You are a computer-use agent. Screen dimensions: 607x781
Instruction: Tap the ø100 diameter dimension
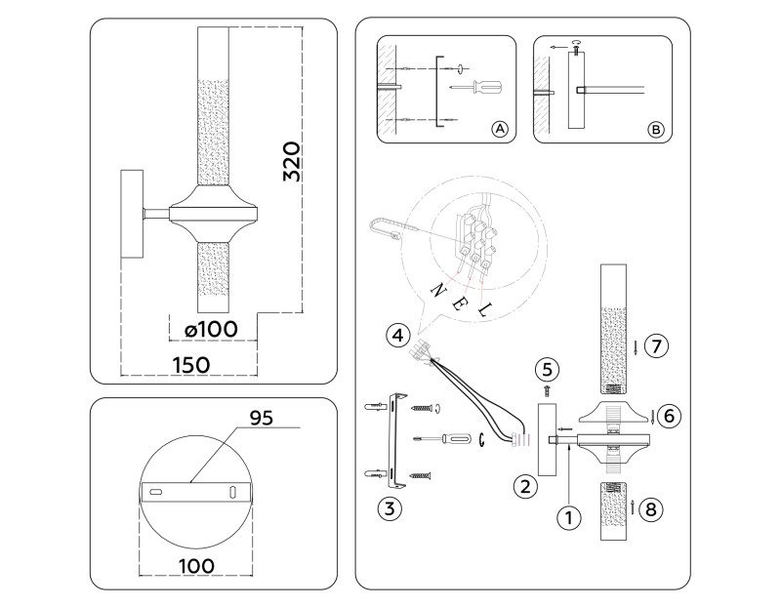click(x=211, y=330)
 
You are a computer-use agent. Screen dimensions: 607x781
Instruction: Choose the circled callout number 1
click(x=563, y=518)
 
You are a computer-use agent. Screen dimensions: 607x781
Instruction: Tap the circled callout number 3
click(x=390, y=506)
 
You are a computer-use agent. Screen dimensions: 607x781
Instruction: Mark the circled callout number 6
click(x=668, y=415)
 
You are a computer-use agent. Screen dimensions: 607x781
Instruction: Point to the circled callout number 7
click(x=656, y=345)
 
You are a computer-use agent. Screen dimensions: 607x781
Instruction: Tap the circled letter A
click(x=499, y=129)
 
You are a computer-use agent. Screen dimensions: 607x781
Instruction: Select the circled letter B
click(x=655, y=129)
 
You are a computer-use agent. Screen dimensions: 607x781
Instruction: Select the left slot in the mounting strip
click(x=156, y=492)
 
